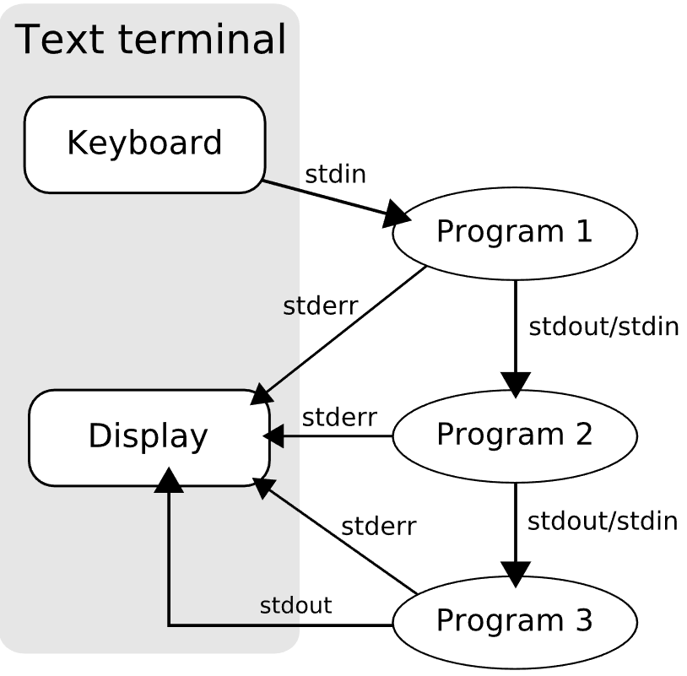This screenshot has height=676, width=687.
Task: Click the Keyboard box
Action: click(x=144, y=144)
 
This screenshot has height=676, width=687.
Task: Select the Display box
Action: click(x=149, y=437)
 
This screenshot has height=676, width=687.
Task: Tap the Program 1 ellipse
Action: click(x=514, y=232)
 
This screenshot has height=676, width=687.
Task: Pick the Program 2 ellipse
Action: click(x=514, y=435)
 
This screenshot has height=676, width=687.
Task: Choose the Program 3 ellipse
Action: click(x=514, y=621)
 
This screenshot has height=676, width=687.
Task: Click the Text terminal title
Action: click(x=151, y=40)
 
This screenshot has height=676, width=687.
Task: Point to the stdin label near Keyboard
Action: click(x=335, y=176)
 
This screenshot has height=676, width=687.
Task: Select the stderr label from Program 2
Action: click(x=339, y=417)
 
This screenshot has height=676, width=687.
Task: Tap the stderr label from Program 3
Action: click(x=378, y=527)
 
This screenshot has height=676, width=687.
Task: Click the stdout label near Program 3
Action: click(x=295, y=605)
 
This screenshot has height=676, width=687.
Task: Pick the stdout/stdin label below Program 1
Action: click(x=603, y=327)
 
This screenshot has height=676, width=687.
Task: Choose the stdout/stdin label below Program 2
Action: click(x=603, y=521)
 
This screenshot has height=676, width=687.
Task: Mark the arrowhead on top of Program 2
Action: click(x=515, y=384)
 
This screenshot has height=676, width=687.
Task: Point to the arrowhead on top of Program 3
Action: click(x=515, y=573)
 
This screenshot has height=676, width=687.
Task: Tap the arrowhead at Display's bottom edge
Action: click(x=170, y=481)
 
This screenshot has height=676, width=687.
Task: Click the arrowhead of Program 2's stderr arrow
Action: click(x=273, y=436)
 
